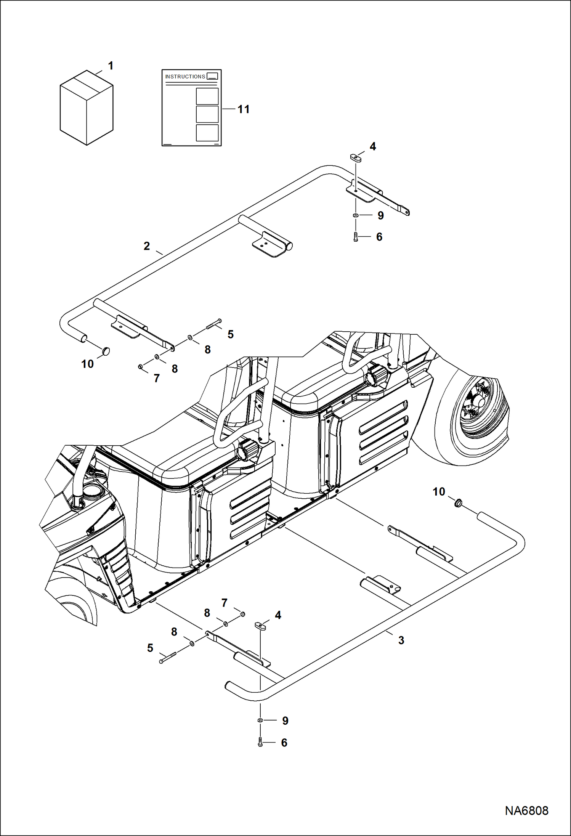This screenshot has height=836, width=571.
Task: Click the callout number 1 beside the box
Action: pyautogui.click(x=111, y=66)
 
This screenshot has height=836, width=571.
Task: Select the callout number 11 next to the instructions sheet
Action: pyautogui.click(x=243, y=109)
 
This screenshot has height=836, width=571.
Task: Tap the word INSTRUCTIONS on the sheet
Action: pyautogui.click(x=185, y=77)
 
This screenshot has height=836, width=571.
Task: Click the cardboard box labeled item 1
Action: pyautogui.click(x=87, y=108)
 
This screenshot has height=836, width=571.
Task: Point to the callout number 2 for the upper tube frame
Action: pyautogui.click(x=147, y=246)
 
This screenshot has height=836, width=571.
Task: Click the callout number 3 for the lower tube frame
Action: pyautogui.click(x=401, y=640)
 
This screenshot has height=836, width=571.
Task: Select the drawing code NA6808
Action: pyautogui.click(x=526, y=810)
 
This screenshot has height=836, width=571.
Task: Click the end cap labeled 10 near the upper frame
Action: pyautogui.click(x=106, y=351)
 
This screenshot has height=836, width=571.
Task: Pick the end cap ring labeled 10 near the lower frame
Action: pyautogui.click(x=458, y=504)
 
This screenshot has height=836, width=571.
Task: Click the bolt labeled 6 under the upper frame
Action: pyautogui.click(x=356, y=237)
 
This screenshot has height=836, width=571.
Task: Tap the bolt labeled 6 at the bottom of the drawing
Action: pyautogui.click(x=260, y=742)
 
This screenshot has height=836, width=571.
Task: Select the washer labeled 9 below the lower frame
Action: pyautogui.click(x=260, y=720)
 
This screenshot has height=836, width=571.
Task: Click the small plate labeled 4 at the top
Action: pyautogui.click(x=355, y=157)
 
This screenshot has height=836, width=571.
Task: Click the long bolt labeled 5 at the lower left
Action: pyautogui.click(x=168, y=657)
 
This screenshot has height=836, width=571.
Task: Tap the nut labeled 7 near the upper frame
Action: pyautogui.click(x=140, y=367)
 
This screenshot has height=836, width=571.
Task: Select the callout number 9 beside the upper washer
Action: pyautogui.click(x=380, y=216)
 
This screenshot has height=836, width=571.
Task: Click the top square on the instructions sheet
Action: pyautogui.click(x=207, y=96)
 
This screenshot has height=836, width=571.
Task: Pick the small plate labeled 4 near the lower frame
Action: pyautogui.click(x=260, y=626)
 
